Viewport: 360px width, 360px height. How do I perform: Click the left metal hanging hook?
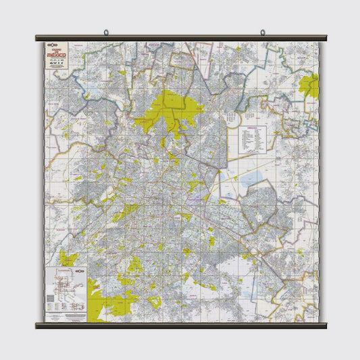click(106, 32)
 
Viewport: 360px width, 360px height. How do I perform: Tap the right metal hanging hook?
click(262, 32)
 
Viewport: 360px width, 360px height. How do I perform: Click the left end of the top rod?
click(37, 38)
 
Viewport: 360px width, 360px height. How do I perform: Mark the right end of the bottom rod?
click(325, 325)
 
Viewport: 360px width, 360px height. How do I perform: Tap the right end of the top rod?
click(325, 38)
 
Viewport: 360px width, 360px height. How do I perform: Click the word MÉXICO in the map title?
click(57, 56)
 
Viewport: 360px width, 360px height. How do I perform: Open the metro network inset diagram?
click(67, 288)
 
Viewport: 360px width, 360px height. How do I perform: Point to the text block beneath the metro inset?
click(67, 314)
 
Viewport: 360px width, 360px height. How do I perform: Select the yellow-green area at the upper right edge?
click(310, 86)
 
